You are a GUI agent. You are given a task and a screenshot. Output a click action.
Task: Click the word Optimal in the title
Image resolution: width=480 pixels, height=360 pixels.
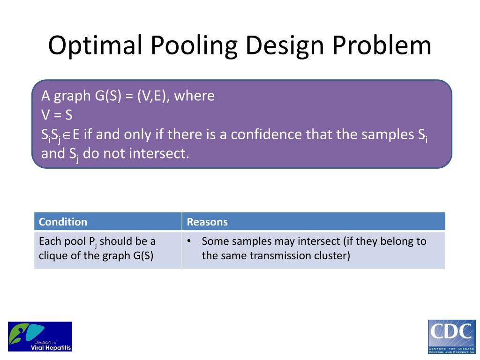click(x=96, y=45)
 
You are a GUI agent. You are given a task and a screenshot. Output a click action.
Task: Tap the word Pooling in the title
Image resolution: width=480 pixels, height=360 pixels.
click(x=194, y=46)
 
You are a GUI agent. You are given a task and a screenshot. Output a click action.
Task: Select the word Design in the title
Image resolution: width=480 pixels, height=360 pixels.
click(x=285, y=46)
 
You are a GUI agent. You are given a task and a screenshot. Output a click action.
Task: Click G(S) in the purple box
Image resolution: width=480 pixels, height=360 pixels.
click(x=108, y=96)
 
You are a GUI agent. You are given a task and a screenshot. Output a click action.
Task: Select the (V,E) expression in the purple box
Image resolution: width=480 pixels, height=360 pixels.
click(x=153, y=96)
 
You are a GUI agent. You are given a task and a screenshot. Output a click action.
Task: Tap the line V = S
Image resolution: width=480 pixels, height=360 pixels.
click(x=57, y=115)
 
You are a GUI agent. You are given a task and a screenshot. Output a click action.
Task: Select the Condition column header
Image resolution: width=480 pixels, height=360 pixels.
click(x=63, y=222)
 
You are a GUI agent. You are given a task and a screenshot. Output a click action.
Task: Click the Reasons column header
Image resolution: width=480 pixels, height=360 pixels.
click(x=207, y=222)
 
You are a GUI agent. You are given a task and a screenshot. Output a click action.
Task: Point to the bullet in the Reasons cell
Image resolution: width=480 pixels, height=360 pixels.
click(x=189, y=241)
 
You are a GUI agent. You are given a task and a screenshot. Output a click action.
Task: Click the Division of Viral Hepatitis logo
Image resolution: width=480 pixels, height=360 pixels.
click(x=40, y=337)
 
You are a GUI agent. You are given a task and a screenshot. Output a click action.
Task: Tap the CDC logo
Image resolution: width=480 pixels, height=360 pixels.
click(x=451, y=337)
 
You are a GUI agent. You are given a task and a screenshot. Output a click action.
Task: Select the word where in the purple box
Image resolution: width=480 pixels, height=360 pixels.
click(x=195, y=96)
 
